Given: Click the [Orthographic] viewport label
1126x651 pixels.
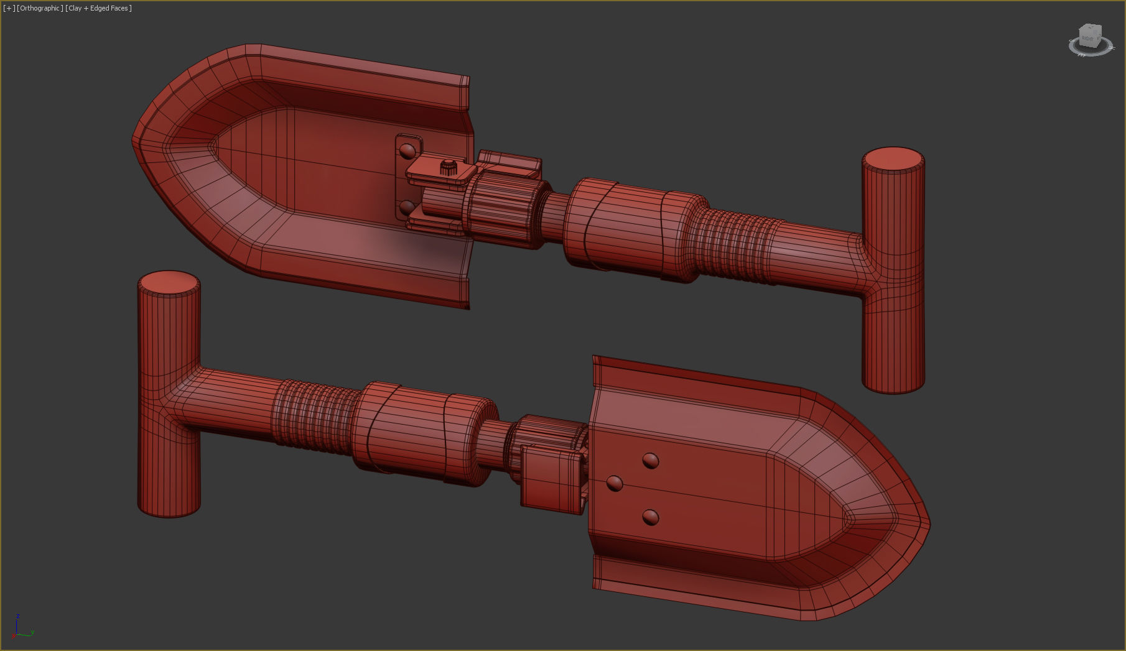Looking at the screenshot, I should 40,8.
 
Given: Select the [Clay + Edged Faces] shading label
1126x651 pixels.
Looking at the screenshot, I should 98,8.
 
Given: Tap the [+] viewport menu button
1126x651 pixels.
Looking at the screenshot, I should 9,8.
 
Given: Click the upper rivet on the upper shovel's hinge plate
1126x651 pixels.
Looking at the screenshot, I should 407,151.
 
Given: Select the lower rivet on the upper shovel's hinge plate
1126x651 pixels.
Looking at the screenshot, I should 407,206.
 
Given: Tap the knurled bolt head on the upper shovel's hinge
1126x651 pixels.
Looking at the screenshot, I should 449,167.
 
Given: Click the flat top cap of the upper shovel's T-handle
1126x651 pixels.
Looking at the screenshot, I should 893,159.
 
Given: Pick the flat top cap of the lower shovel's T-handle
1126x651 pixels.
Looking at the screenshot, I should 169,282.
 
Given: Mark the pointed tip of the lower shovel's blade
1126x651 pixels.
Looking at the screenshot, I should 929,524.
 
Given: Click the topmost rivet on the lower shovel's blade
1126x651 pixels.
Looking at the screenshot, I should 650,461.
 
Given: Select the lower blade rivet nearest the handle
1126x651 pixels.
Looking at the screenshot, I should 615,483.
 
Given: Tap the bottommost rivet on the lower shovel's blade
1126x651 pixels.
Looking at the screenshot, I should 650,517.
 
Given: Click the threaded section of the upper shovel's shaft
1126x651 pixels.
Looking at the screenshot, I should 734,246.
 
